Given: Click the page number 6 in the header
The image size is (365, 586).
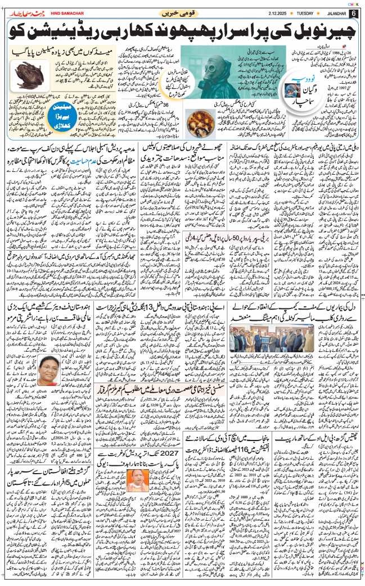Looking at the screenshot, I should click(354, 13).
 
